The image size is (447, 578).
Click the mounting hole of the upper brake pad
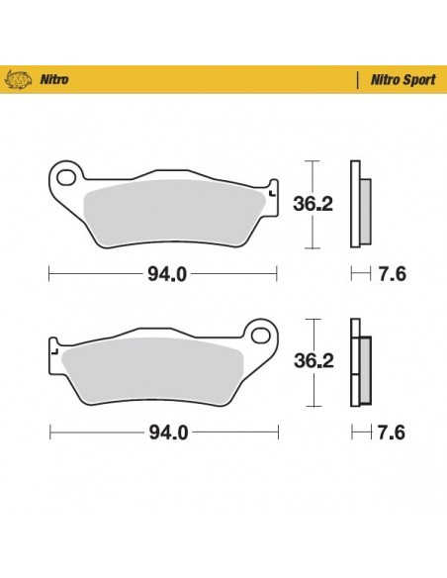[66, 179]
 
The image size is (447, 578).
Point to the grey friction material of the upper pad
[173, 211]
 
